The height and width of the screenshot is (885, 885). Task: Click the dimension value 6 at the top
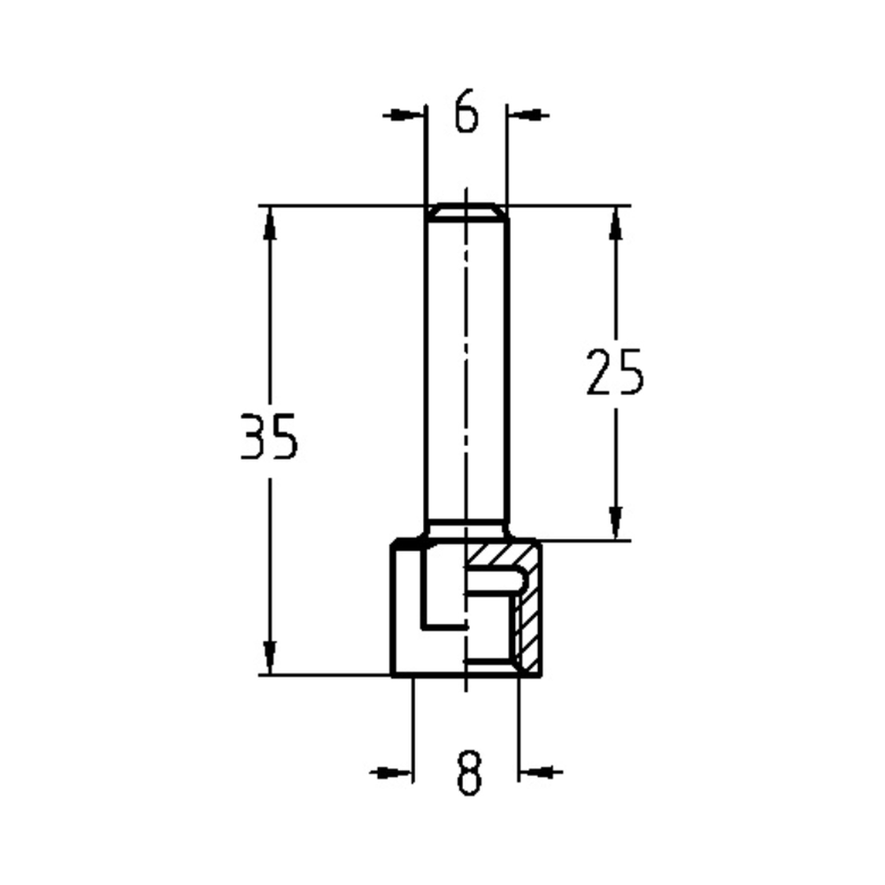(466, 113)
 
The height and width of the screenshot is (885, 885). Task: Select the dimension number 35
(270, 437)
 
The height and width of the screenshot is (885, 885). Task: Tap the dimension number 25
(615, 372)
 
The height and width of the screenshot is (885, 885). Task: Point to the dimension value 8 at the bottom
(468, 773)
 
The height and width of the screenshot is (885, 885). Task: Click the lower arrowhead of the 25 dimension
(616, 523)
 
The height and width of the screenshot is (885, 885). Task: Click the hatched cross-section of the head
(529, 619)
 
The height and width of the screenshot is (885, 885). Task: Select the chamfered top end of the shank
(466, 212)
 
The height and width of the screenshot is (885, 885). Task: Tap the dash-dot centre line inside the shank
(466, 372)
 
